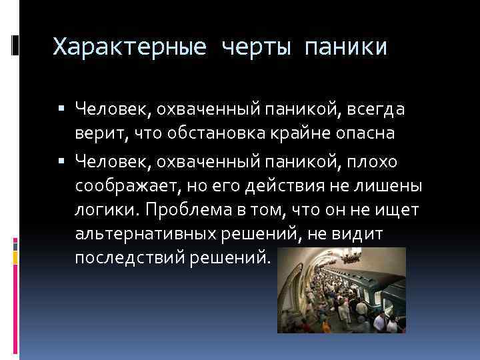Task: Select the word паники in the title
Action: point(344,47)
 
